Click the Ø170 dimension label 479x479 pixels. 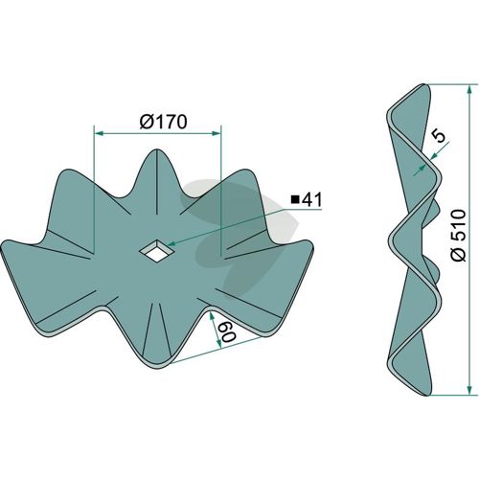click(163, 122)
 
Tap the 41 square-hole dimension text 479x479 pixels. click(311, 200)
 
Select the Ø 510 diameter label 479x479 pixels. click(459, 235)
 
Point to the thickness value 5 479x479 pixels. click(440, 136)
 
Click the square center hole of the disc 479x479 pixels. click(156, 250)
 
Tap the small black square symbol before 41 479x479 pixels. click(295, 200)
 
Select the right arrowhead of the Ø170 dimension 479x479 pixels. click(217, 133)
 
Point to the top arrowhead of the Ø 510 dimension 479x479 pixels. click(468, 90)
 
